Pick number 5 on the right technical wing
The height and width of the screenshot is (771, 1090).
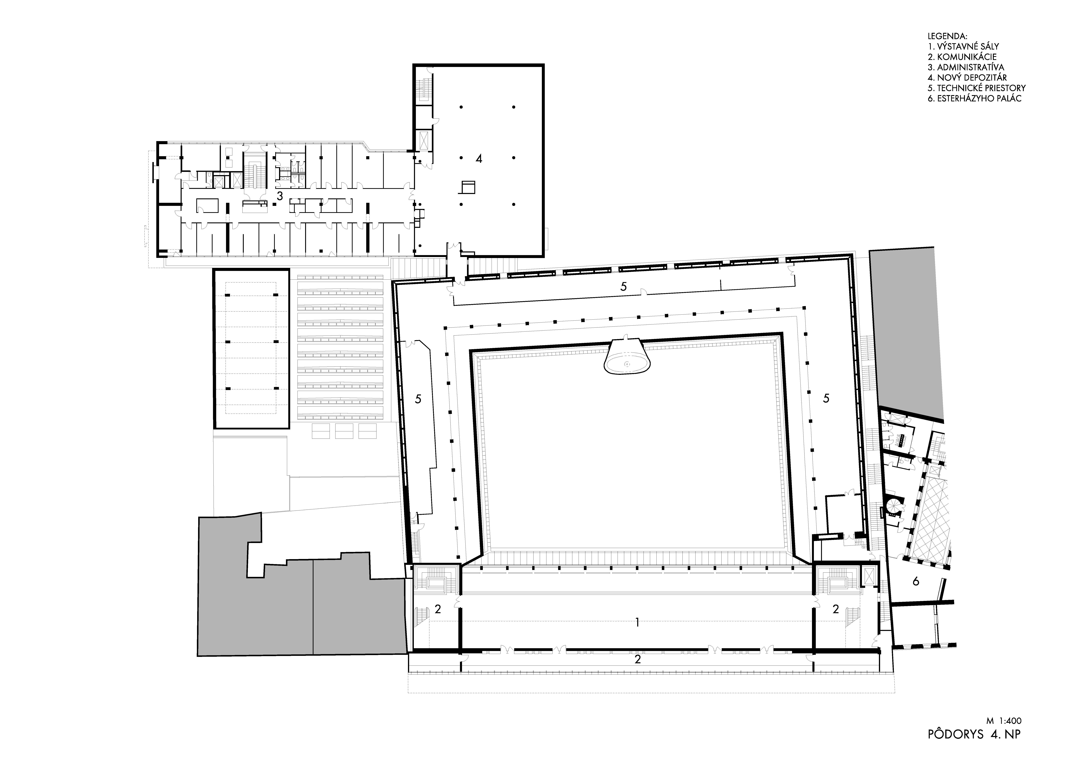pyautogui.click(x=826, y=398)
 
